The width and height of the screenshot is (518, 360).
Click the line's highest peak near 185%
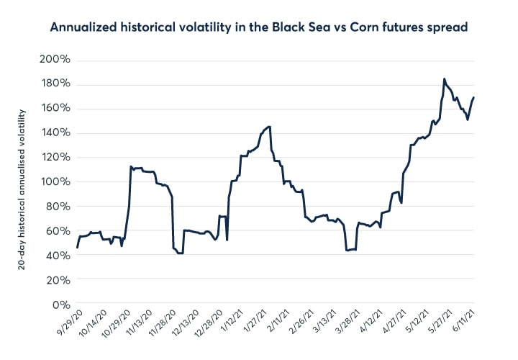(x=445, y=79)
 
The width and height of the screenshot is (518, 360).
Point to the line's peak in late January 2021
(x=268, y=127)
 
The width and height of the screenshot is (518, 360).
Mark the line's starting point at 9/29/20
(x=77, y=248)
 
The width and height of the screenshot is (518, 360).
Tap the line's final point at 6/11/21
(x=473, y=97)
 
